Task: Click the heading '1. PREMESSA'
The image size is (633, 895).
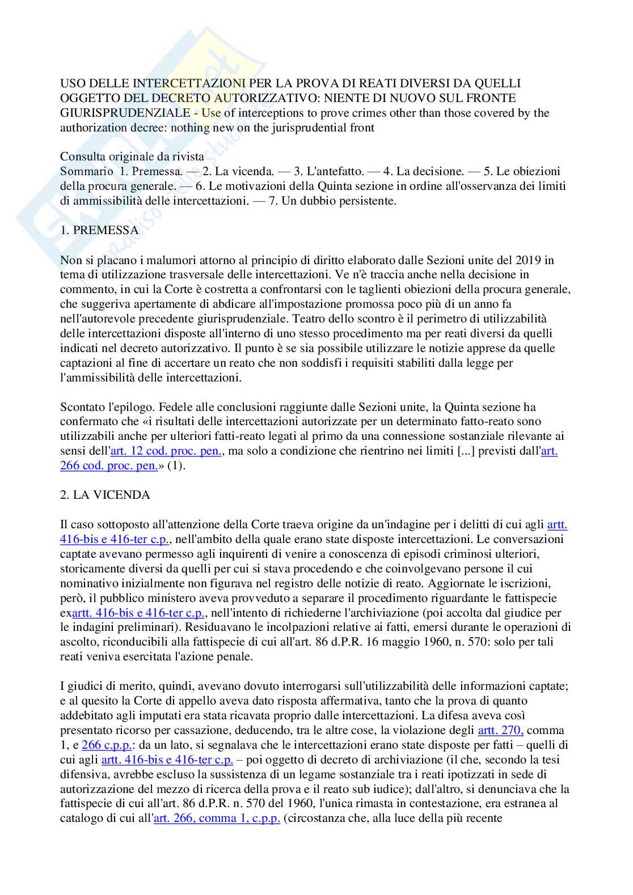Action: [x=99, y=230]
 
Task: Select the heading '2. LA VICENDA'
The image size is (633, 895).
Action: [x=105, y=495]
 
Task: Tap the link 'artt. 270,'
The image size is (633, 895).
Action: [x=501, y=730]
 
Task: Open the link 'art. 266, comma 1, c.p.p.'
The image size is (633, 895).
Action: [x=217, y=818]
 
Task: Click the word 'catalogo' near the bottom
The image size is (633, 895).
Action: [x=80, y=818]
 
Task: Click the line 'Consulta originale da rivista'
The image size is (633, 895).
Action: [x=132, y=156]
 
